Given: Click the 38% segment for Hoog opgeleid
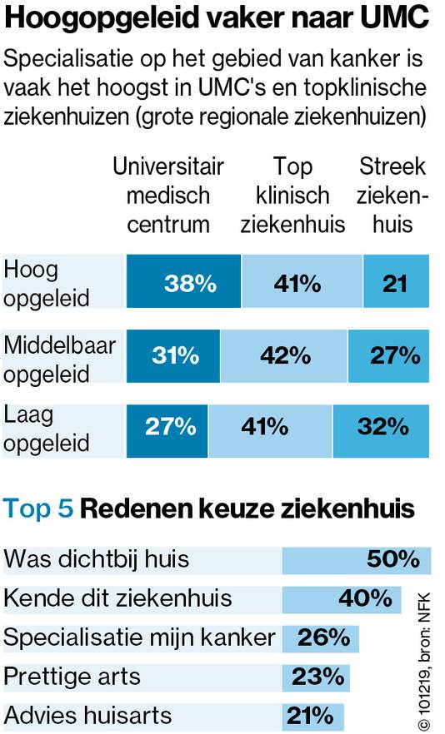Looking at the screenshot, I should pyautogui.click(x=184, y=283).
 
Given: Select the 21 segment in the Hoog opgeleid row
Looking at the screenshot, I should pyautogui.click(x=396, y=283).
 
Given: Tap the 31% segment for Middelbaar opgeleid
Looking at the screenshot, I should pyautogui.click(x=173, y=355).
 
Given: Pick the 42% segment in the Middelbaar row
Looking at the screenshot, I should pyautogui.click(x=284, y=355).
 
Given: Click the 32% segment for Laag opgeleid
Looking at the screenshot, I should pyautogui.click(x=381, y=427).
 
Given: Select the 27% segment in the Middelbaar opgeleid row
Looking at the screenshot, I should pyautogui.click(x=389, y=355).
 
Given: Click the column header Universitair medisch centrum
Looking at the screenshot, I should pyautogui.click(x=168, y=196).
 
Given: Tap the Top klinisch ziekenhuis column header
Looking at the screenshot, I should pyautogui.click(x=292, y=196).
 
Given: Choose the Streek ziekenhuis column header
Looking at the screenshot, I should pyautogui.click(x=392, y=196).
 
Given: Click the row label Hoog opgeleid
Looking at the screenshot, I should pyautogui.click(x=47, y=283).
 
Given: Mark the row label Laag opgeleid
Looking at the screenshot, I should pyautogui.click(x=47, y=427).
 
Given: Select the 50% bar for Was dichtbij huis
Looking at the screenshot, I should pyautogui.click(x=357, y=559).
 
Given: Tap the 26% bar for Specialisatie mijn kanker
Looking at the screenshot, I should pyautogui.click(x=321, y=638).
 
